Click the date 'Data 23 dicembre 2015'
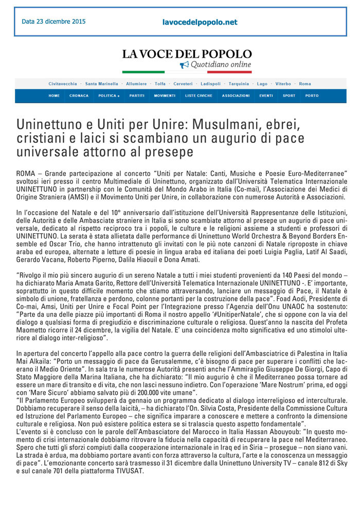pyautogui.click(x=53, y=22)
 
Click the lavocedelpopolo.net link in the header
pyautogui.click(x=200, y=22)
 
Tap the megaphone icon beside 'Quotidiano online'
pyautogui.click(x=184, y=65)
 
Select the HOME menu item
pyautogui.click(x=54, y=96)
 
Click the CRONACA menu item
pyautogui.click(x=79, y=96)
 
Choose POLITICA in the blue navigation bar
pyautogui.click(x=109, y=96)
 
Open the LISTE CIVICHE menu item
pyautogui.click(x=199, y=96)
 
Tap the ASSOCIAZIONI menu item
pyautogui.click(x=236, y=96)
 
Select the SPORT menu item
pyautogui.click(x=289, y=96)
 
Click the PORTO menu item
pyautogui.click(x=312, y=96)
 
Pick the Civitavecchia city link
pyautogui.click(x=63, y=84)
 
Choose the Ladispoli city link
pyautogui.click(x=210, y=84)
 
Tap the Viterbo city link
pyautogui.click(x=283, y=84)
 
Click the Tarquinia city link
pyautogui.click(x=239, y=84)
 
